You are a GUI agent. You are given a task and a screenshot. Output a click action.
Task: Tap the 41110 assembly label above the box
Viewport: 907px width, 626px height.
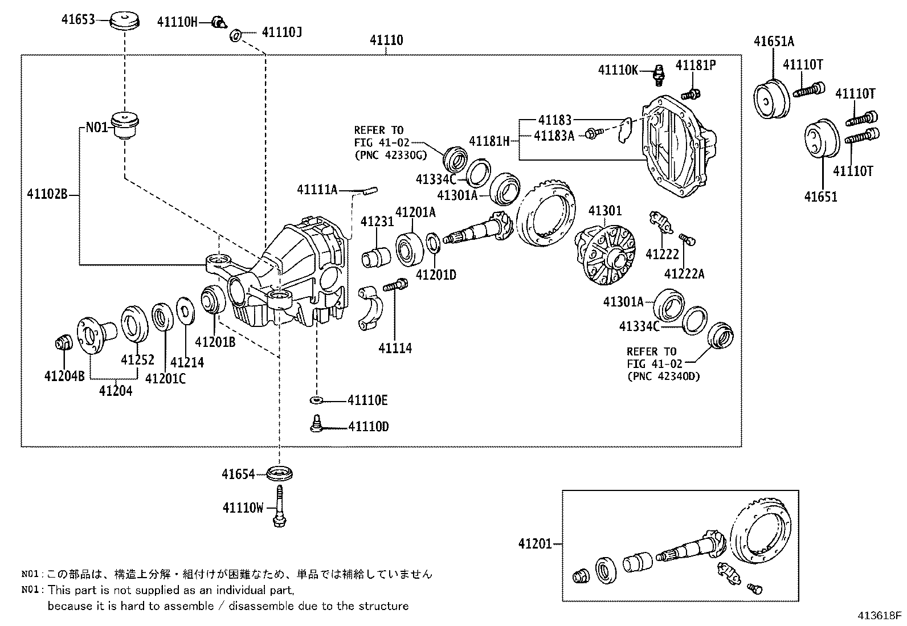click(x=386, y=40)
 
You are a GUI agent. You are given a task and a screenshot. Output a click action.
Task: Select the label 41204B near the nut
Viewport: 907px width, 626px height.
click(x=64, y=375)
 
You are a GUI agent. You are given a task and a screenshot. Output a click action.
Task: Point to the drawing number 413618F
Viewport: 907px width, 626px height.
click(x=880, y=616)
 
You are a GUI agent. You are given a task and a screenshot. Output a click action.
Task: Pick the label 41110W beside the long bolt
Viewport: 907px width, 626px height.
click(x=243, y=508)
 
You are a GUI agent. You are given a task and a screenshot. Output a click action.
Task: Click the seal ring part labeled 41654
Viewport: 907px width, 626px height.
click(x=280, y=473)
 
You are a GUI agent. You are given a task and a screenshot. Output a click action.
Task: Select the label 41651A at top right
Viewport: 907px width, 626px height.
click(x=774, y=42)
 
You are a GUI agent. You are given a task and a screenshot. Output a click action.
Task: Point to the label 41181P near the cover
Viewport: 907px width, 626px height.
click(x=696, y=66)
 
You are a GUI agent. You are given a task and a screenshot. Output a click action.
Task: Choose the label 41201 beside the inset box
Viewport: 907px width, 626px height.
click(x=535, y=544)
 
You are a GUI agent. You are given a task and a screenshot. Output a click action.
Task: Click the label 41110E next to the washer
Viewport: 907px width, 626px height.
click(x=367, y=400)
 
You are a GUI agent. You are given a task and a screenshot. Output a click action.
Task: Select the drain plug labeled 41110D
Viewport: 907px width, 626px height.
click(x=316, y=424)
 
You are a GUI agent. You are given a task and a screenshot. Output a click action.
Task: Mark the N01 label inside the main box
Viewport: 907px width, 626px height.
click(x=97, y=127)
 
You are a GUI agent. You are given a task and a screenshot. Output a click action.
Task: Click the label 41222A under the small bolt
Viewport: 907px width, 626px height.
click(x=684, y=274)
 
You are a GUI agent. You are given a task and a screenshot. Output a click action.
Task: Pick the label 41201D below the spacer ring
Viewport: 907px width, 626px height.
click(x=436, y=275)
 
